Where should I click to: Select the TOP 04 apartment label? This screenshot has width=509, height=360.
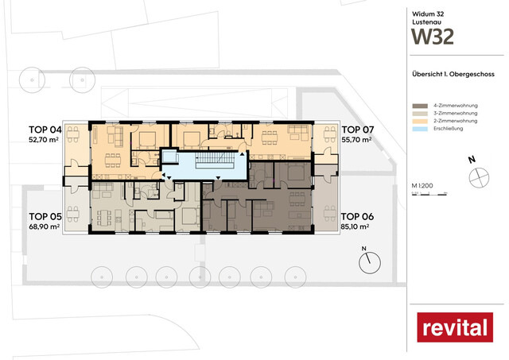(45, 129)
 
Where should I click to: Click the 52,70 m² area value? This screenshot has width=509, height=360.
(45, 139)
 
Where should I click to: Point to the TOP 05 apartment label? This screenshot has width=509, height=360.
(45, 216)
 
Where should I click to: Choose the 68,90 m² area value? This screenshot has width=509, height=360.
(45, 226)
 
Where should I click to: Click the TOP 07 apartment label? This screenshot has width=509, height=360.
(357, 129)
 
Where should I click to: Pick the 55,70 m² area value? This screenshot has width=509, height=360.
(358, 139)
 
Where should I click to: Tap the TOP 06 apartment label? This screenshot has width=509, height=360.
(357, 216)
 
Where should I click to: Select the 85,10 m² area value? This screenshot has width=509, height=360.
(358, 226)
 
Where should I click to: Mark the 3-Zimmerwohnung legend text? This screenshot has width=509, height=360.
(457, 114)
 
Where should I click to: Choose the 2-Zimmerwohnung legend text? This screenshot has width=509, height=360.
(457, 123)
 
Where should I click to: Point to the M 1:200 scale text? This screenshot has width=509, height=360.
(421, 185)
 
